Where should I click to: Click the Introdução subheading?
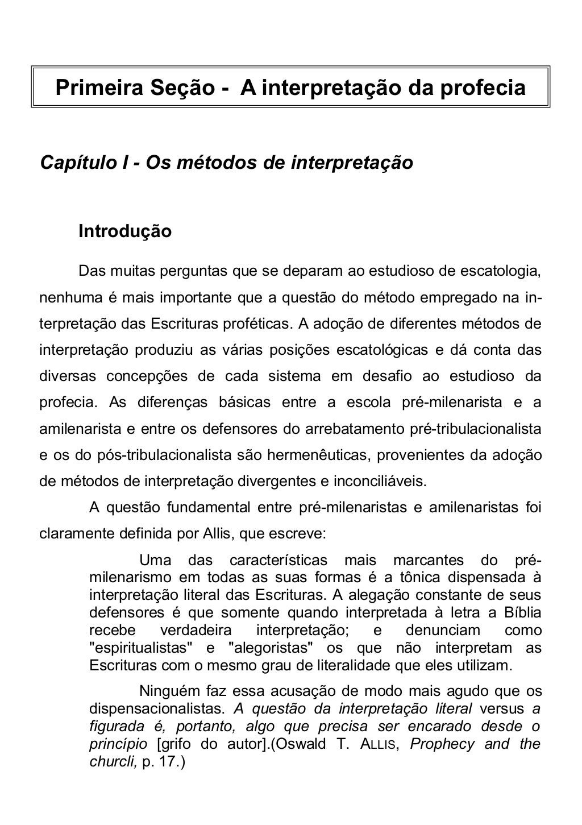click(125, 232)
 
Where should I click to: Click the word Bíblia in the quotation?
click(522, 613)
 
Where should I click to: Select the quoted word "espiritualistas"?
click(142, 648)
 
